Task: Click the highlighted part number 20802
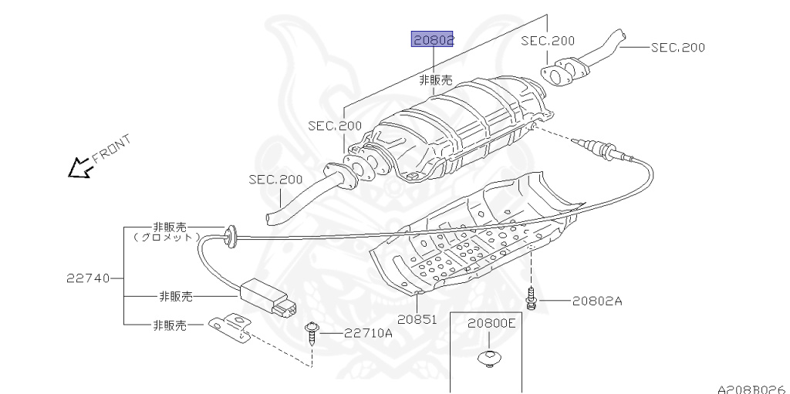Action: click(x=431, y=39)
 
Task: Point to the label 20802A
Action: click(x=596, y=301)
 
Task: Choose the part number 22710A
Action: click(x=368, y=333)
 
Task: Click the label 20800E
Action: click(x=491, y=325)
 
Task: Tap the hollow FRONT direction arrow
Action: click(x=78, y=167)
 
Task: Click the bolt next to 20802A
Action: click(x=532, y=298)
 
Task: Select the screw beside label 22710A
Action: click(x=312, y=332)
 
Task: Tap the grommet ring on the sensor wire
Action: click(x=229, y=236)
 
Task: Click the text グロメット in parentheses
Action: click(x=168, y=237)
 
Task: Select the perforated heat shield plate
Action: click(x=471, y=239)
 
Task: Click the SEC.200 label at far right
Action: click(x=677, y=47)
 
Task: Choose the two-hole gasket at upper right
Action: click(x=559, y=72)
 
